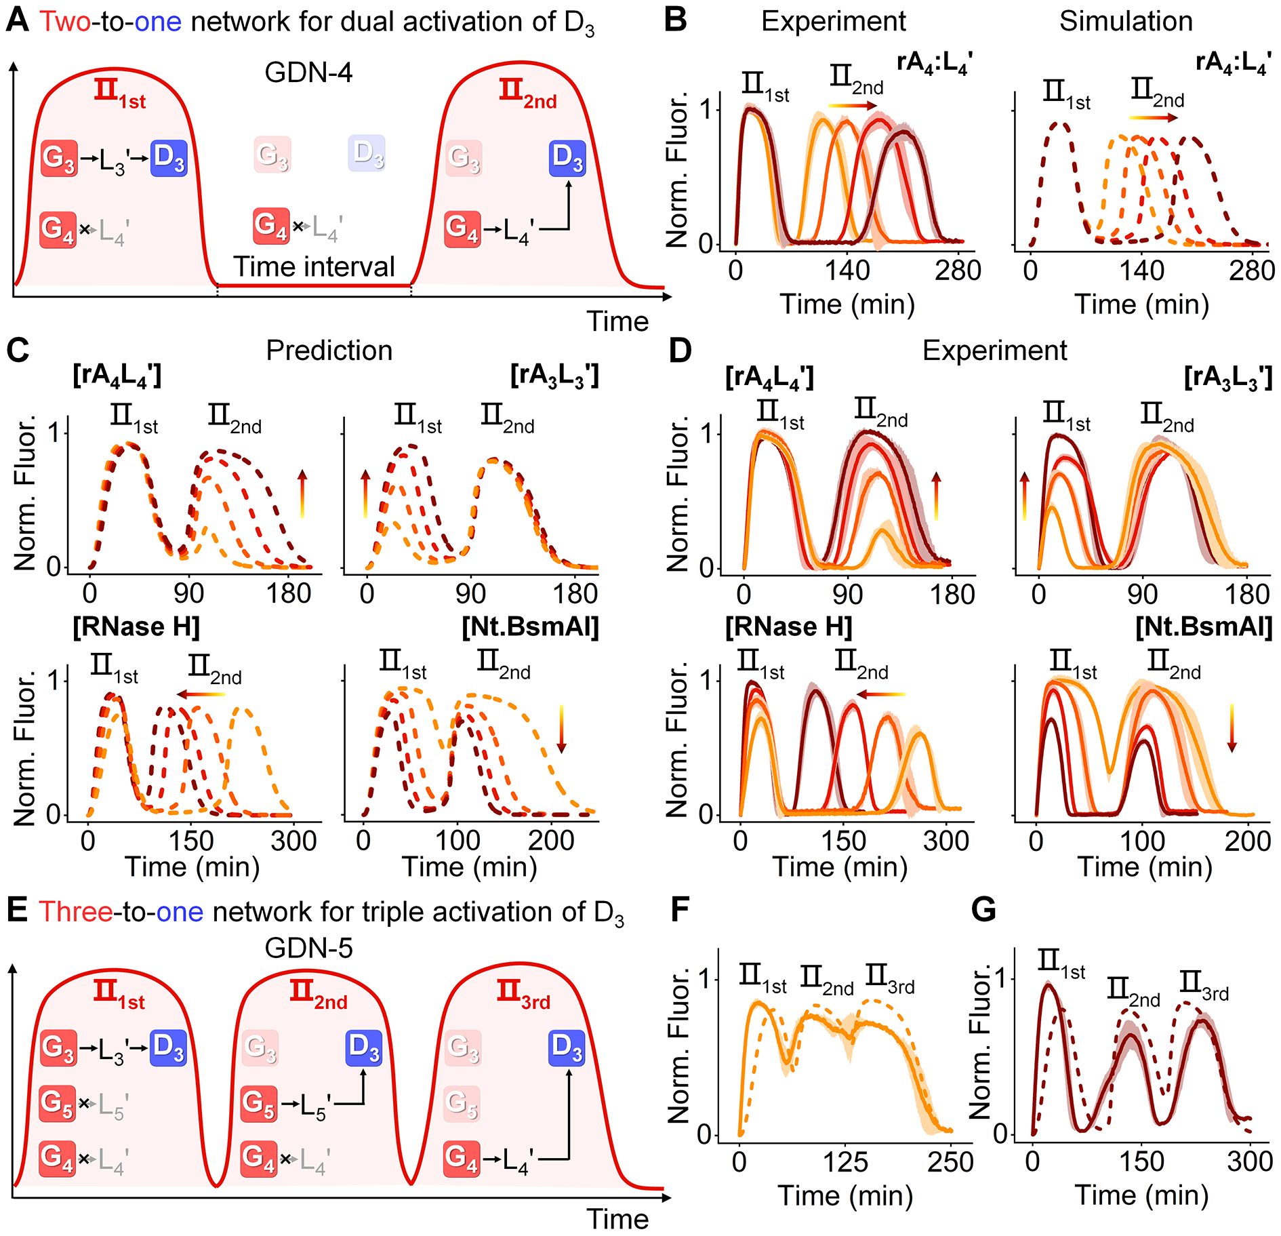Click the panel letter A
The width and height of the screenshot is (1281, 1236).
[x=18, y=20]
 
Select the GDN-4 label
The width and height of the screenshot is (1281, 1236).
[x=308, y=72]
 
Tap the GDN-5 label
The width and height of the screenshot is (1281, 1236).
[x=308, y=947]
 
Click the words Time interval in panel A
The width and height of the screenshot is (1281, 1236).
[x=314, y=266]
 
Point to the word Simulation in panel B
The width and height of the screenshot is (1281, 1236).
[x=1126, y=21]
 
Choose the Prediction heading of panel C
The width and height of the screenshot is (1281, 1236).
[x=329, y=351]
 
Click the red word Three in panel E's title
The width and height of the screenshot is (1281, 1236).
[x=75, y=912]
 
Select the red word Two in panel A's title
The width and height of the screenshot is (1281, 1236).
[x=64, y=22]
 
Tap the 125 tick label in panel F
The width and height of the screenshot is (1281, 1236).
[x=845, y=1162]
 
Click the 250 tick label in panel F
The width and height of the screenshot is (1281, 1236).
[x=950, y=1162]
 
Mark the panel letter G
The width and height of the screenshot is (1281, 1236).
[x=983, y=910]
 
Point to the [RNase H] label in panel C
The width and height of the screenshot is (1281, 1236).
[x=136, y=627]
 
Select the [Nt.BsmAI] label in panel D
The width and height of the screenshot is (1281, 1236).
[x=1204, y=627]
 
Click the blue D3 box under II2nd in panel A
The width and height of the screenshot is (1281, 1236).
[x=567, y=158]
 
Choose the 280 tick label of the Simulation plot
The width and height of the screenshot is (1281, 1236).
[x=1252, y=271]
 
